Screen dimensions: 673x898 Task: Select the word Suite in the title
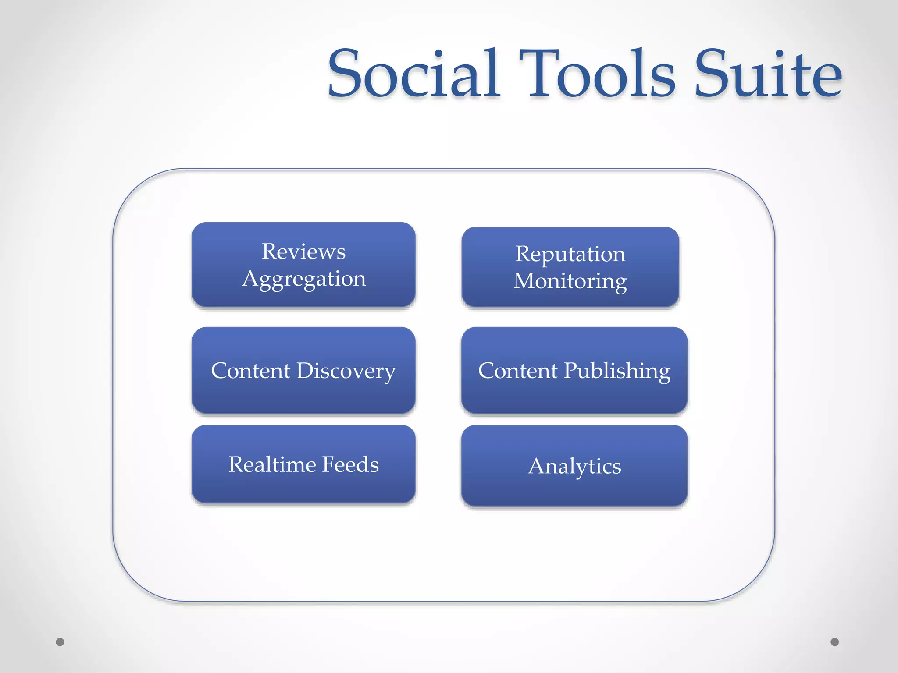pyautogui.click(x=768, y=73)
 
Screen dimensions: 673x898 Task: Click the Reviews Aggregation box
pyautogui.click(x=303, y=265)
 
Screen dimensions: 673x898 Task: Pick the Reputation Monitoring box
pyautogui.click(x=570, y=267)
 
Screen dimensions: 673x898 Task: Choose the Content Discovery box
pyautogui.click(x=303, y=370)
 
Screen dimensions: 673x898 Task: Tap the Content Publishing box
pyautogui.click(x=574, y=370)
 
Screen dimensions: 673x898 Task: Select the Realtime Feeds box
pyautogui.click(x=303, y=464)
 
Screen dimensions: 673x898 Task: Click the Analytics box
pyautogui.click(x=574, y=466)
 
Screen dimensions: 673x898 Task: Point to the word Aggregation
pyautogui.click(x=304, y=279)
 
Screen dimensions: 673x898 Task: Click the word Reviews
pyautogui.click(x=303, y=251)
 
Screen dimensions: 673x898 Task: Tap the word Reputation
pyautogui.click(x=570, y=254)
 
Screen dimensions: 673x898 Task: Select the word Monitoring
pyautogui.click(x=570, y=281)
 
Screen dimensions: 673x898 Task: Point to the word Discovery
pyautogui.click(x=346, y=371)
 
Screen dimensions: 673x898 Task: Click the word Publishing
pyautogui.click(x=617, y=371)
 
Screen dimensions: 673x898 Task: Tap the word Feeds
pyautogui.click(x=350, y=464)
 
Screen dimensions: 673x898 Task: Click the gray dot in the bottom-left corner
pyautogui.click(x=60, y=642)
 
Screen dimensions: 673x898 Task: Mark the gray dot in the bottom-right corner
pyautogui.click(x=835, y=642)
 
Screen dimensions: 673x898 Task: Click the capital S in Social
pyautogui.click(x=346, y=73)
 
